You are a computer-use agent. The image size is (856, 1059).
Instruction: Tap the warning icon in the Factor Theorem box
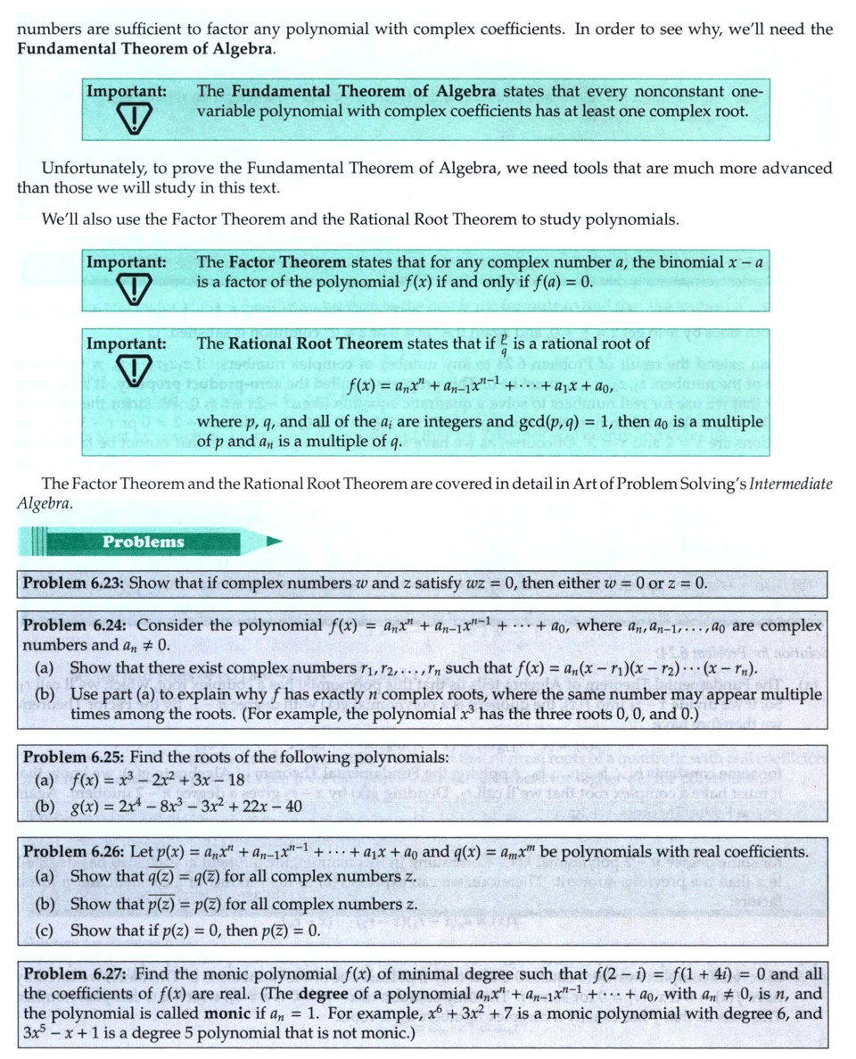click(x=125, y=285)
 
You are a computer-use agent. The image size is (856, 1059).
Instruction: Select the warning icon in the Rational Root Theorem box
click(x=125, y=370)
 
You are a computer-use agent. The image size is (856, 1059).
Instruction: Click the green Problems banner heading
click(x=143, y=542)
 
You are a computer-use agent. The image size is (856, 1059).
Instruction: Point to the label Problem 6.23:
click(x=74, y=583)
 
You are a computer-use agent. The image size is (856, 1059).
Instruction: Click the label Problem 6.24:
click(x=74, y=625)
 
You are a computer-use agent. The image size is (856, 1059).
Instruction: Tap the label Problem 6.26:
click(x=74, y=850)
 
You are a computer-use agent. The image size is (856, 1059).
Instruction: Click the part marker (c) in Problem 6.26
click(x=45, y=931)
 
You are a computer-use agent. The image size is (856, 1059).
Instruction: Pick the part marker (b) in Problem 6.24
click(x=45, y=693)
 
